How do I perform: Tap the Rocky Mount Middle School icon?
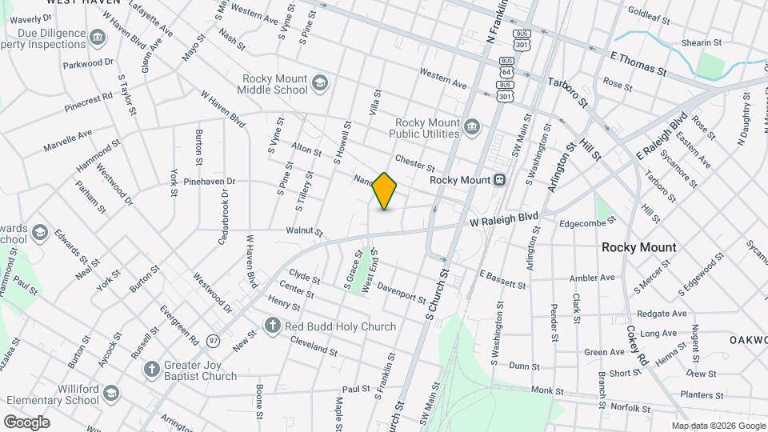click(319, 83)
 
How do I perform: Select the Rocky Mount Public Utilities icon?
click(472, 126)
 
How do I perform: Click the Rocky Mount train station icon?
click(499, 180)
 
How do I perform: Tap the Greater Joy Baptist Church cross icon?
click(151, 369)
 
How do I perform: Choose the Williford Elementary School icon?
click(110, 394)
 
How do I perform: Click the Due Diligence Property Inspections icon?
click(98, 37)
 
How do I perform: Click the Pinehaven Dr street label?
click(209, 182)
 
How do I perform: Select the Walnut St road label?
click(303, 233)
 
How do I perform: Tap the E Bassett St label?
click(502, 279)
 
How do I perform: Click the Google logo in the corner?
click(26, 422)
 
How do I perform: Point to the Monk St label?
click(548, 390)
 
